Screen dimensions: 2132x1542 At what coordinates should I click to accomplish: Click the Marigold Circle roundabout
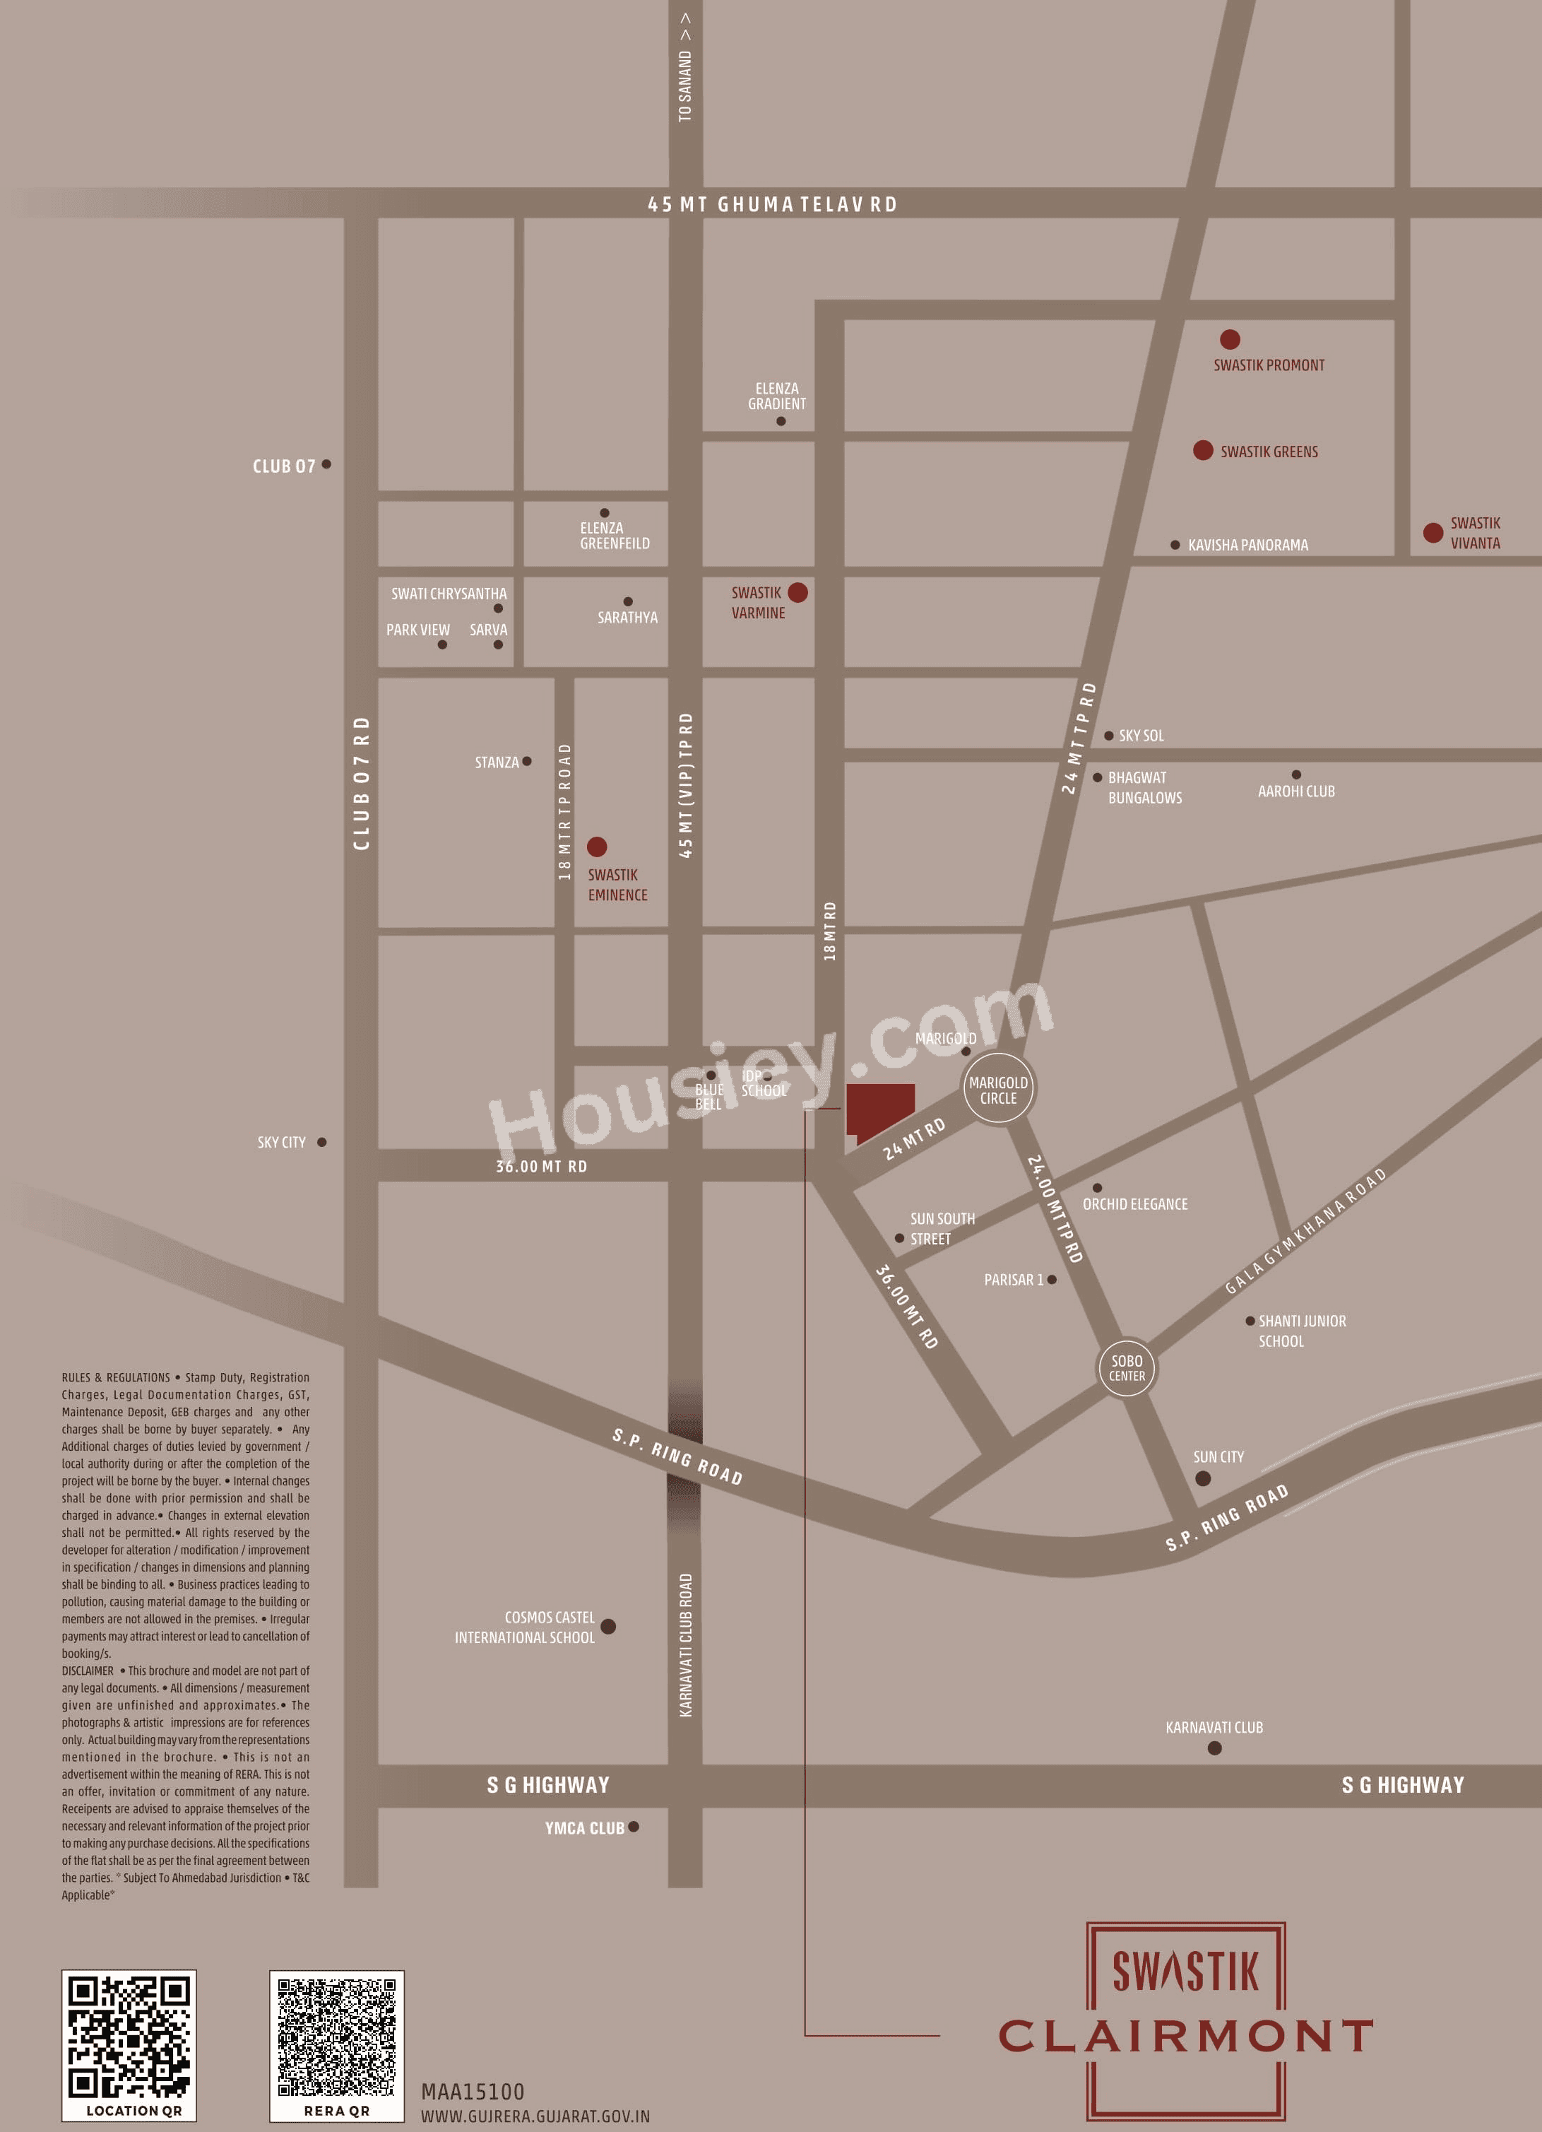[x=998, y=1090]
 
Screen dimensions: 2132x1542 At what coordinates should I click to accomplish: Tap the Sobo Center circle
[x=1127, y=1368]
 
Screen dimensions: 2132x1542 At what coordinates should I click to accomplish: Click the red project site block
[x=879, y=1110]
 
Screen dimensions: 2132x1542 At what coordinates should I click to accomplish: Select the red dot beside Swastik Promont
[x=1229, y=339]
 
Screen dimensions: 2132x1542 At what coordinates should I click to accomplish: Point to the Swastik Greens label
[x=1269, y=452]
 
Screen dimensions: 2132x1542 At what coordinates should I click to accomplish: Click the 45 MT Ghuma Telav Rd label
[x=771, y=204]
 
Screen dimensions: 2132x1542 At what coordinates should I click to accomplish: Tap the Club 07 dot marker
[x=326, y=464]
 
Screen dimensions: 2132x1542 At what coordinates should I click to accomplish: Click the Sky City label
[x=281, y=1142]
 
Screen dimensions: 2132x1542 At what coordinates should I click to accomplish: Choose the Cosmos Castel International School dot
[x=608, y=1626]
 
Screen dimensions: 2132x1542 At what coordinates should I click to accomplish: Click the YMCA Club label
[x=583, y=1828]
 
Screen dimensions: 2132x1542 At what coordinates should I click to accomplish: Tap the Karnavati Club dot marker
[x=1214, y=1748]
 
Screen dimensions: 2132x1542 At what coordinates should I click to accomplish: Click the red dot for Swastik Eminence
[x=597, y=847]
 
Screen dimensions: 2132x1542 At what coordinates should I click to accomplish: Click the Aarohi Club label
[x=1295, y=791]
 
